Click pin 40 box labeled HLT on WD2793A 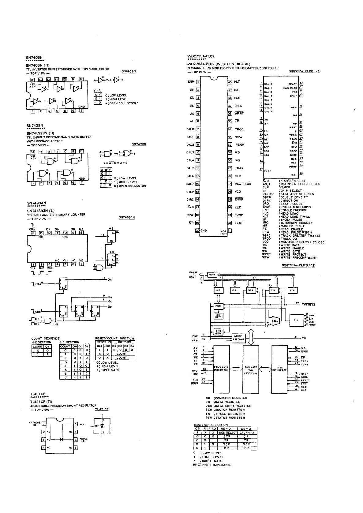pyautogui.click(x=230, y=82)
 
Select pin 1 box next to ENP pyautogui.click(x=198, y=82)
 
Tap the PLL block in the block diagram pyautogui.click(x=296, y=320)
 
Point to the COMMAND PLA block pyautogui.click(x=251, y=369)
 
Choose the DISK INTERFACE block pyautogui.click(x=279, y=369)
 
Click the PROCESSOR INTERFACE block pyautogui.click(x=221, y=369)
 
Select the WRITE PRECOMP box pyautogui.click(x=238, y=338)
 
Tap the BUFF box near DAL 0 pyautogui.click(x=212, y=275)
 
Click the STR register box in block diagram pyautogui.click(x=293, y=290)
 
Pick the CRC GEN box pyautogui.click(x=218, y=332)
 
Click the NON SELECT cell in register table pyautogui.click(x=228, y=433)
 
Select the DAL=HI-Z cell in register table pyautogui.click(x=247, y=433)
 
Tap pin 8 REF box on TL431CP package pyautogui.click(x=76, y=424)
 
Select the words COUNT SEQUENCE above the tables pyautogui.click(x=46, y=339)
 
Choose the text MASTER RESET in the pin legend pyautogui.click(x=292, y=226)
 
